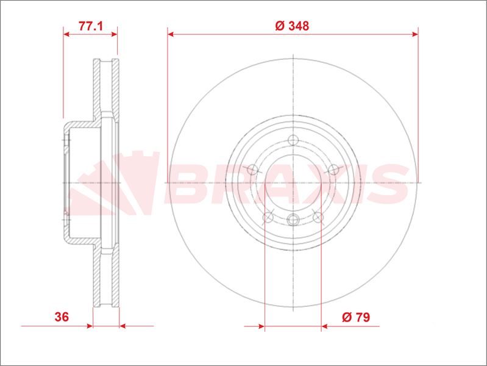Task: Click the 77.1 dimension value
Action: coord(90,26)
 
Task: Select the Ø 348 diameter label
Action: coord(292,26)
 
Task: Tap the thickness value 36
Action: coord(62,317)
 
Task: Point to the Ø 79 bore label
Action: coord(356,317)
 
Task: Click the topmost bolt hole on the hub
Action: coord(293,140)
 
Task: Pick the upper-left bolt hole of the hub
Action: coord(252,170)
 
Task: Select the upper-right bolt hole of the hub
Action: coord(333,170)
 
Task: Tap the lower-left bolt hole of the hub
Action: coord(268,217)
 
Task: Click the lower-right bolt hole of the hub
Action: coord(318,217)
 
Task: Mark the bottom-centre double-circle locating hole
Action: coord(293,220)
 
